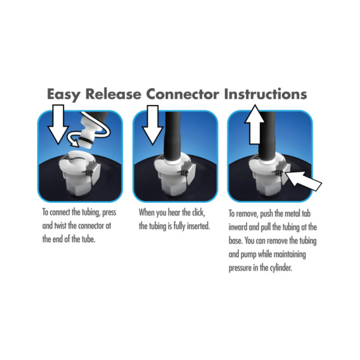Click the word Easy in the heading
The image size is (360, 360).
click(64, 94)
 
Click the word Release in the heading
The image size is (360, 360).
click(113, 94)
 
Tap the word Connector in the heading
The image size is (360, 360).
click(183, 94)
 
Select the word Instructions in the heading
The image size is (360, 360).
click(265, 94)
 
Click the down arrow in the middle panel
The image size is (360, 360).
click(153, 125)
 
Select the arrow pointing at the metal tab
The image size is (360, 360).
click(303, 181)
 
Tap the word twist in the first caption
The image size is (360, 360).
click(60, 226)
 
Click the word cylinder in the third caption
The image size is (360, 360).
click(280, 268)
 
